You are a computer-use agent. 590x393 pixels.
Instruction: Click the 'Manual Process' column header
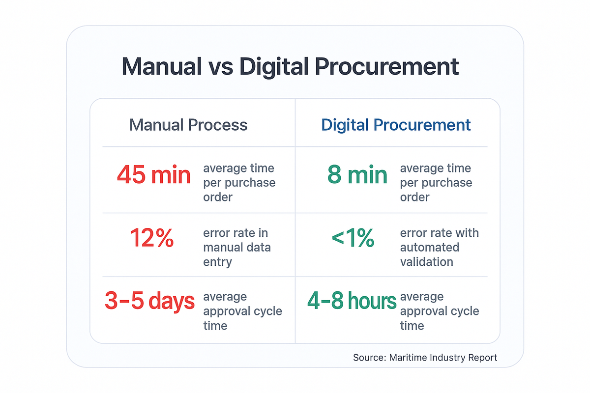tap(188, 125)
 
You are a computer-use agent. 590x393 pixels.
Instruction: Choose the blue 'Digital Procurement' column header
tap(396, 125)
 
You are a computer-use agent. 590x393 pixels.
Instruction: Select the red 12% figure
tap(151, 239)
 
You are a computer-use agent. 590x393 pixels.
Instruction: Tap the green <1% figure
tap(353, 239)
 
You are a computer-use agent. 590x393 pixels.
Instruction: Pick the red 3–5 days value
tap(149, 302)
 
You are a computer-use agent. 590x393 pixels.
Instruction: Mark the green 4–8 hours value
tap(352, 302)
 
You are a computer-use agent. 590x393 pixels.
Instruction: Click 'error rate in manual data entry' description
tap(236, 247)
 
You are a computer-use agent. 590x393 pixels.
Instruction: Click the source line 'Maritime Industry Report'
tap(425, 358)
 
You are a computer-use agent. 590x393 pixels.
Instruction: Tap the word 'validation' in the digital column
tap(426, 262)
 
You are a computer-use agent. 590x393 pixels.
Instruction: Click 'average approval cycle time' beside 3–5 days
tap(242, 311)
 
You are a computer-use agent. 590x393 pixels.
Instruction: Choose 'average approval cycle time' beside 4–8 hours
tap(440, 311)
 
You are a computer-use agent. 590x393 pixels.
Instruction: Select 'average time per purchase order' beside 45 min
tap(239, 183)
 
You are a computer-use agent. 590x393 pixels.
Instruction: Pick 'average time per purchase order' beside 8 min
tap(436, 183)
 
